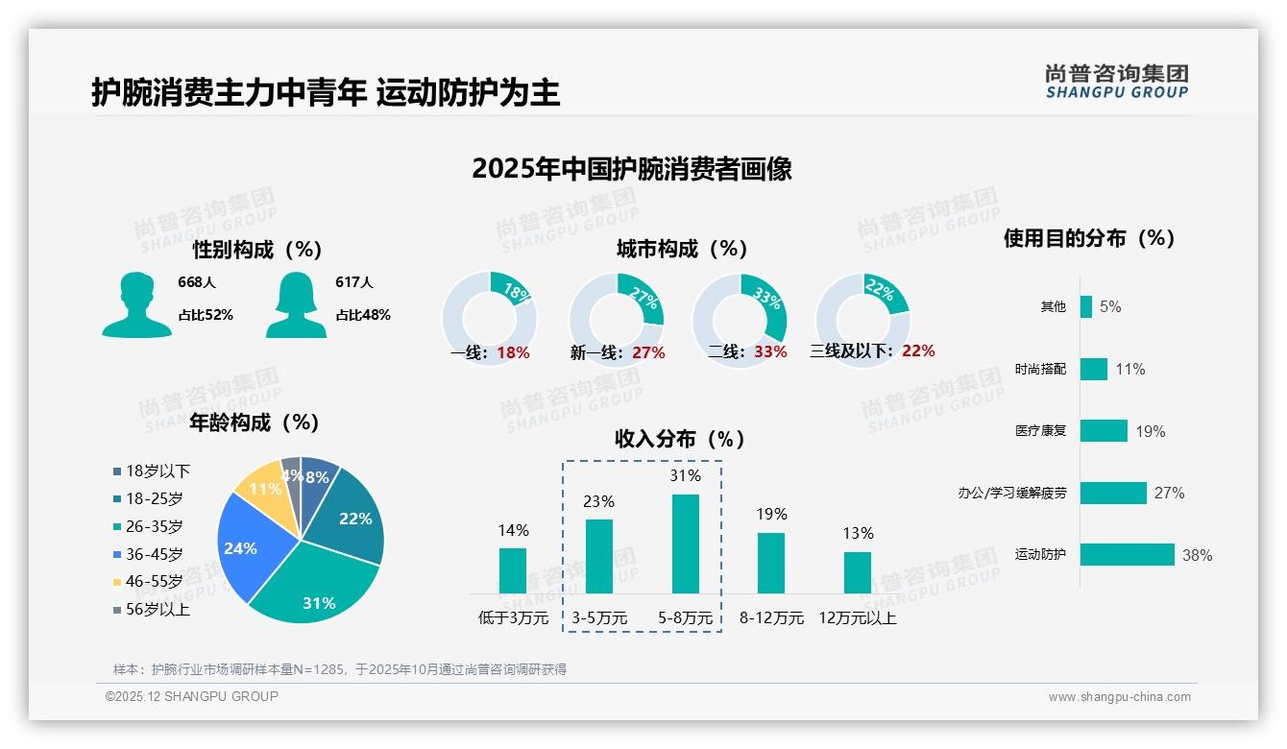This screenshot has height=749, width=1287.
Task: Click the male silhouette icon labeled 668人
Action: [136, 304]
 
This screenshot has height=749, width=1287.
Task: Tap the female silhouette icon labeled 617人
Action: [296, 304]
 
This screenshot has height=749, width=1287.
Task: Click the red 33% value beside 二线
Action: [770, 352]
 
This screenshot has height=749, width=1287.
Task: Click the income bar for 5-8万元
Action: [685, 544]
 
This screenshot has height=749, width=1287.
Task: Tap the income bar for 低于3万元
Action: [513, 570]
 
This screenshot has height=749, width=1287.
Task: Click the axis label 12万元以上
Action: [857, 618]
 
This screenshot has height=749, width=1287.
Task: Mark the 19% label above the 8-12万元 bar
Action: [770, 515]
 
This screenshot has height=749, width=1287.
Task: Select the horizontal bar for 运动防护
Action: [1127, 554]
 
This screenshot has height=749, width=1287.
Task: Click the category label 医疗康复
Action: [1040, 431]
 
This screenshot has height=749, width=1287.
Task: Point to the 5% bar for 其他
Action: [1085, 306]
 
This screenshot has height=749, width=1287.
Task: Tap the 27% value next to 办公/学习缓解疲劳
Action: [1169, 493]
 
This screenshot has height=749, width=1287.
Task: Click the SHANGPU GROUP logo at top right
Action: [1116, 82]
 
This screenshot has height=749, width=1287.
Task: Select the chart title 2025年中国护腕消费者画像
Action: [632, 169]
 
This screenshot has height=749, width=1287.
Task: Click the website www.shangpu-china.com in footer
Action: [1119, 697]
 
